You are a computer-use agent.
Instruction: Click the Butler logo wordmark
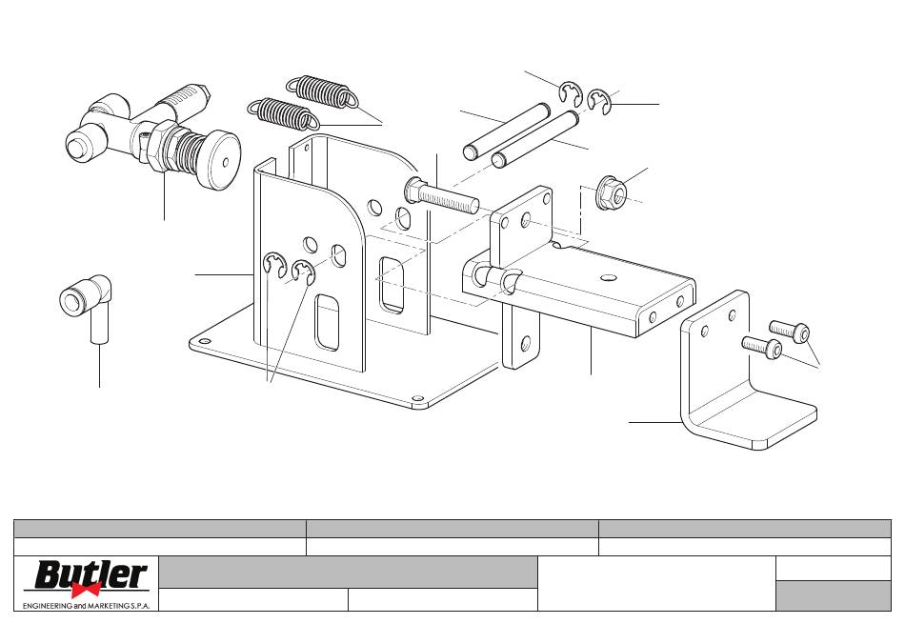click(90, 574)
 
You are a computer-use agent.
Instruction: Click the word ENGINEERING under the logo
click(48, 606)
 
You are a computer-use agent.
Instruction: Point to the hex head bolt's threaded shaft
click(449, 198)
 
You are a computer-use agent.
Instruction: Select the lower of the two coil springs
click(283, 113)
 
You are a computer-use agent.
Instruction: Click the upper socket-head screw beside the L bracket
click(790, 332)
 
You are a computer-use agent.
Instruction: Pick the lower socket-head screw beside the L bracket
click(762, 347)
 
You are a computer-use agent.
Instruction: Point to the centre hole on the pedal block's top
click(607, 278)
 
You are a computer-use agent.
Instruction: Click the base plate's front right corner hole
click(417, 398)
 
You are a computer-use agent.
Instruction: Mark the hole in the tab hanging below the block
click(525, 344)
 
